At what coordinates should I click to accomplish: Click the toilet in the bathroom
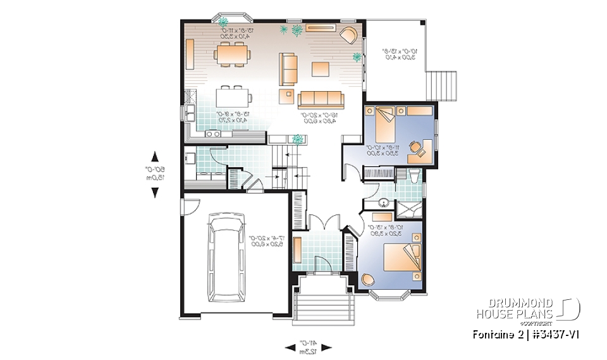point(414,176)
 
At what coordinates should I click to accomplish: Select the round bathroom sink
point(383,203)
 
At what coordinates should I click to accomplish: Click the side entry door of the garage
point(183,206)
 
